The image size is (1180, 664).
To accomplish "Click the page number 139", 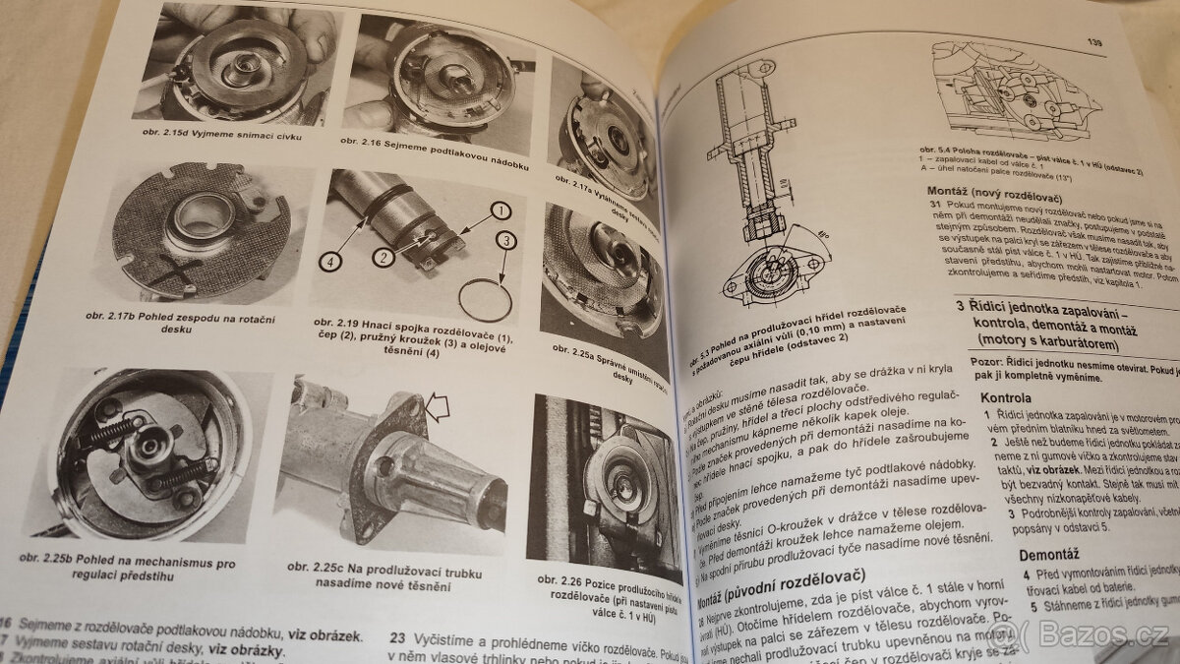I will point(1093,43).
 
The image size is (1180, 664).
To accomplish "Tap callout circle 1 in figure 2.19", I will point(500,210).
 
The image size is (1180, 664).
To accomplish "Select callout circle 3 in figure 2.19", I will point(503,239).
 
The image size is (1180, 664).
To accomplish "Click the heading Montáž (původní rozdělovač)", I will point(781,575).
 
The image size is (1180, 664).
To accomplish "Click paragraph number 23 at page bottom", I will point(398,636).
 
